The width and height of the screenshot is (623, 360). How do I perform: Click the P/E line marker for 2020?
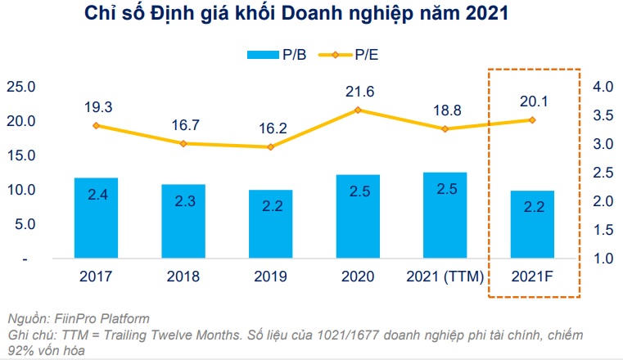pos(358,110)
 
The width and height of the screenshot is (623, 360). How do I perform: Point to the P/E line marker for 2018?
pos(183,143)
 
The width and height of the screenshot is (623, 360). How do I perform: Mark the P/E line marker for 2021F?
pos(532,119)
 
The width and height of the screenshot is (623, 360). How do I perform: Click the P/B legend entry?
pos(278,55)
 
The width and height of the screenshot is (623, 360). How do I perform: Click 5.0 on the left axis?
pos(25,224)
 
